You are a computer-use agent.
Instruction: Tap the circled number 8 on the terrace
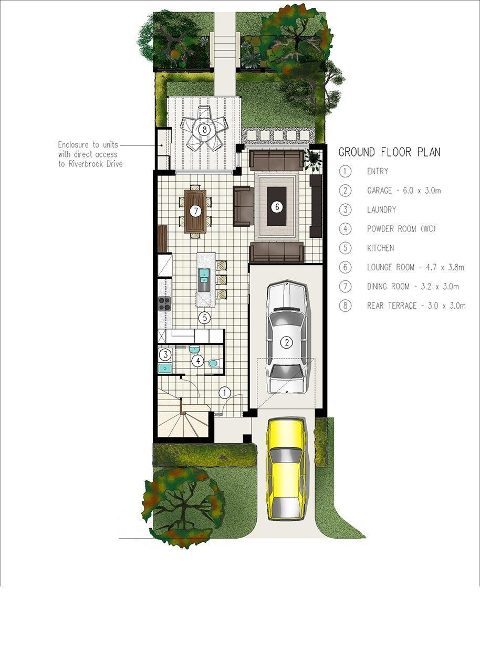coord(205,130)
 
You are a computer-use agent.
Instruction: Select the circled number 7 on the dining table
coord(195,211)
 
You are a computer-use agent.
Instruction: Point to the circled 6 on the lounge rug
coord(277,207)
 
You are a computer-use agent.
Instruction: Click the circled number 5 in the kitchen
coord(205,317)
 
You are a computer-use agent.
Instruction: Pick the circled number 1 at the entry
coord(225,392)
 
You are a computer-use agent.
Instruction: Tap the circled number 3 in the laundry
coord(165,355)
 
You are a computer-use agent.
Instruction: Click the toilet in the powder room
coord(214,364)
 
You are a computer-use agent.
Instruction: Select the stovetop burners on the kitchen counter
coord(164,303)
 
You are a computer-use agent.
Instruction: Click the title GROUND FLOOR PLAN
coord(389,152)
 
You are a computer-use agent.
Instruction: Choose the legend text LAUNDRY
coord(382,209)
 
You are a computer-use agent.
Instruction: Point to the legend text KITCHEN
coord(380,248)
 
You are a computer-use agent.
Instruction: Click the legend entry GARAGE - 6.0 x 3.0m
coord(404,191)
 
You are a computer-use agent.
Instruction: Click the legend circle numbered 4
coord(346,229)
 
